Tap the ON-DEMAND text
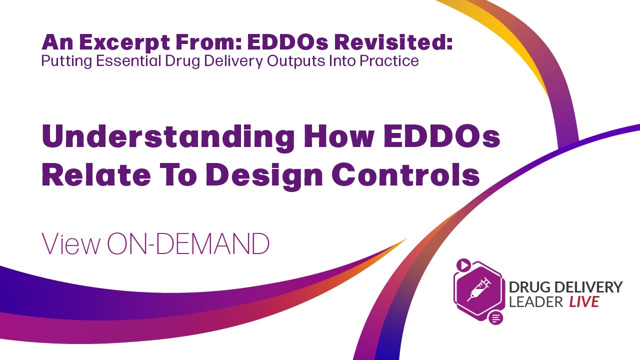pyautogui.click(x=188, y=244)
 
